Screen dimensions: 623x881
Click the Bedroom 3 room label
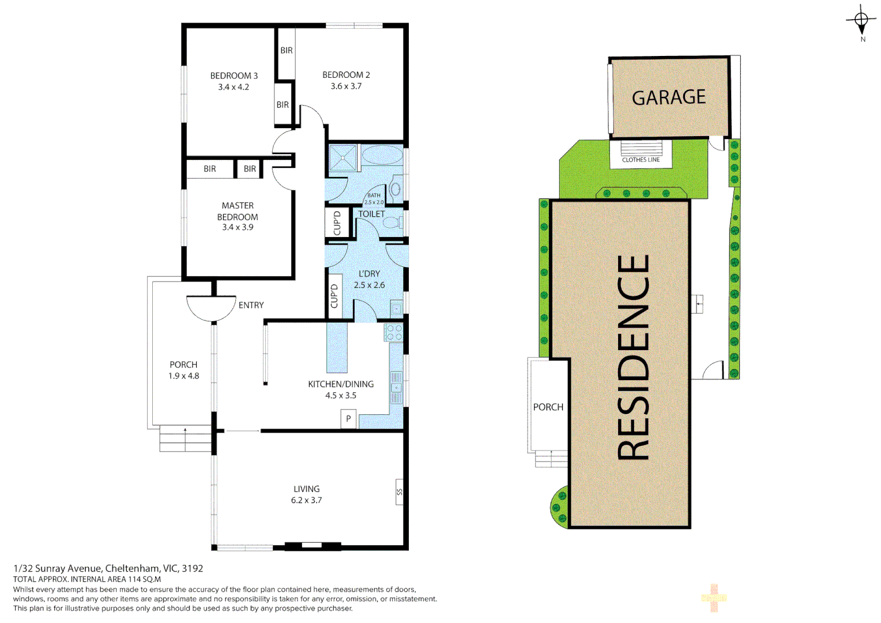234,76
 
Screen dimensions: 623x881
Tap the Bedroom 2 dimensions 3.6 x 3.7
346,87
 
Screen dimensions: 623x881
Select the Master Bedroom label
238,211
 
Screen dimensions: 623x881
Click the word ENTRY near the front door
251,305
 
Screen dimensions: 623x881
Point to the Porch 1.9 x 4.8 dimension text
183,376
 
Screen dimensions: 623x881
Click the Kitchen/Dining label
340,384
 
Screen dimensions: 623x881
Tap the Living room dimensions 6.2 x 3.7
306,501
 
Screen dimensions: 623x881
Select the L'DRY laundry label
369,274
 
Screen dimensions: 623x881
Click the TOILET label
371,214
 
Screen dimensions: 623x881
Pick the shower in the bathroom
342,158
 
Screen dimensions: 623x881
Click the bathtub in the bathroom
382,156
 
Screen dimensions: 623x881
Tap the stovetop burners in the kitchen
394,332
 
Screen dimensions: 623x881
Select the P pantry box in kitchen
348,419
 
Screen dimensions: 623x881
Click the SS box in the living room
399,492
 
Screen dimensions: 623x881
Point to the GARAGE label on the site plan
669,97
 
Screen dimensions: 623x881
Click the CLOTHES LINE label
641,160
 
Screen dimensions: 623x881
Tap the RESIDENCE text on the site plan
633,358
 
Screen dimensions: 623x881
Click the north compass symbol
861,21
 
